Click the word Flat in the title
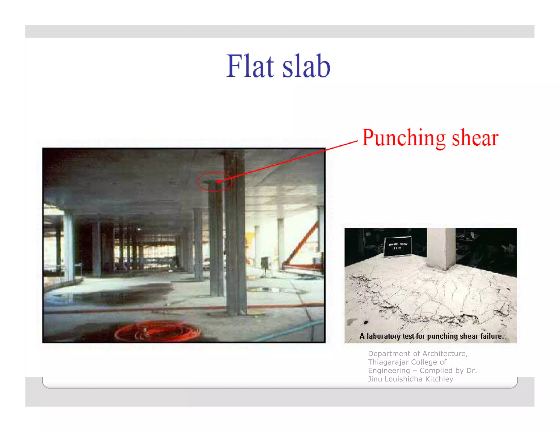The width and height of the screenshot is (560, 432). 250,66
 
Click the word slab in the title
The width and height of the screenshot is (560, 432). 306,66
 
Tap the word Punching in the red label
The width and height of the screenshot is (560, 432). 404,138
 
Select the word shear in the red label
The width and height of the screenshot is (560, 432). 475,138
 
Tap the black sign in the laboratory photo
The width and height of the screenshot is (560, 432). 398,246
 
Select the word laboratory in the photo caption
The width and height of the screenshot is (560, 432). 383,336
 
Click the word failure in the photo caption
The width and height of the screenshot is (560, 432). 491,336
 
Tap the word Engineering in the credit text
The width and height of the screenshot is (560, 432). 389,371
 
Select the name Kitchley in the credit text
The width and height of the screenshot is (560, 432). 441,379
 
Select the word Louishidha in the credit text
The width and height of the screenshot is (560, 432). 403,379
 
